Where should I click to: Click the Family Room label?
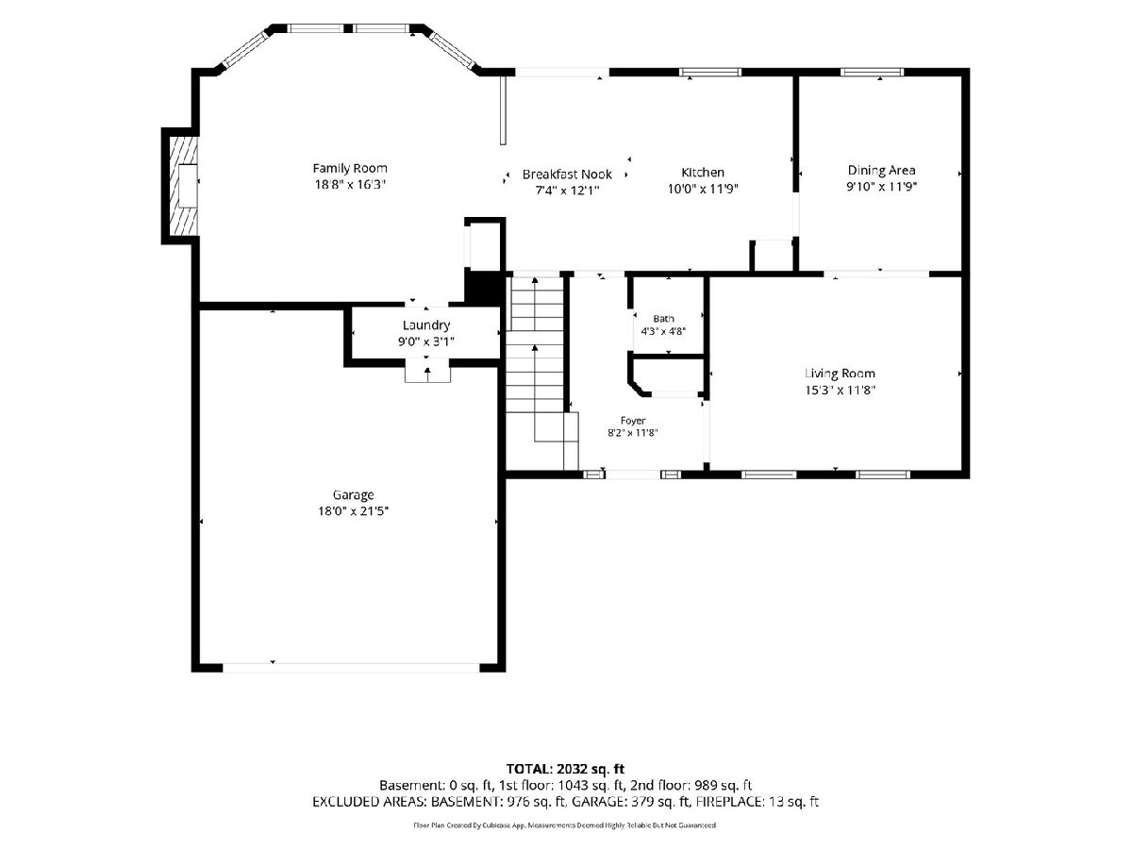[350, 169]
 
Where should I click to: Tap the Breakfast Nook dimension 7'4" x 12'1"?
[567, 191]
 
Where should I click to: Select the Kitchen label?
[703, 173]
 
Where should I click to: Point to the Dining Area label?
[881, 170]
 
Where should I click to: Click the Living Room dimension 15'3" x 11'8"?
[841, 391]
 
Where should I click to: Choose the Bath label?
[663, 319]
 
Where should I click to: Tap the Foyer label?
[633, 421]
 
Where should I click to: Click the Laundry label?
[426, 325]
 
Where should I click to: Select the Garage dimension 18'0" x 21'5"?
[353, 511]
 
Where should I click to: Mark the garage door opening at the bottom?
[351, 668]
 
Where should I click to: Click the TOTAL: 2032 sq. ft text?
[565, 769]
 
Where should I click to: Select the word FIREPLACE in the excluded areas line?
[729, 802]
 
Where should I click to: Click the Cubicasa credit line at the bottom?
[565, 825]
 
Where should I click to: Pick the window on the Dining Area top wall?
[872, 73]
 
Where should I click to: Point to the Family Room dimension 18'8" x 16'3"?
[350, 185]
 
